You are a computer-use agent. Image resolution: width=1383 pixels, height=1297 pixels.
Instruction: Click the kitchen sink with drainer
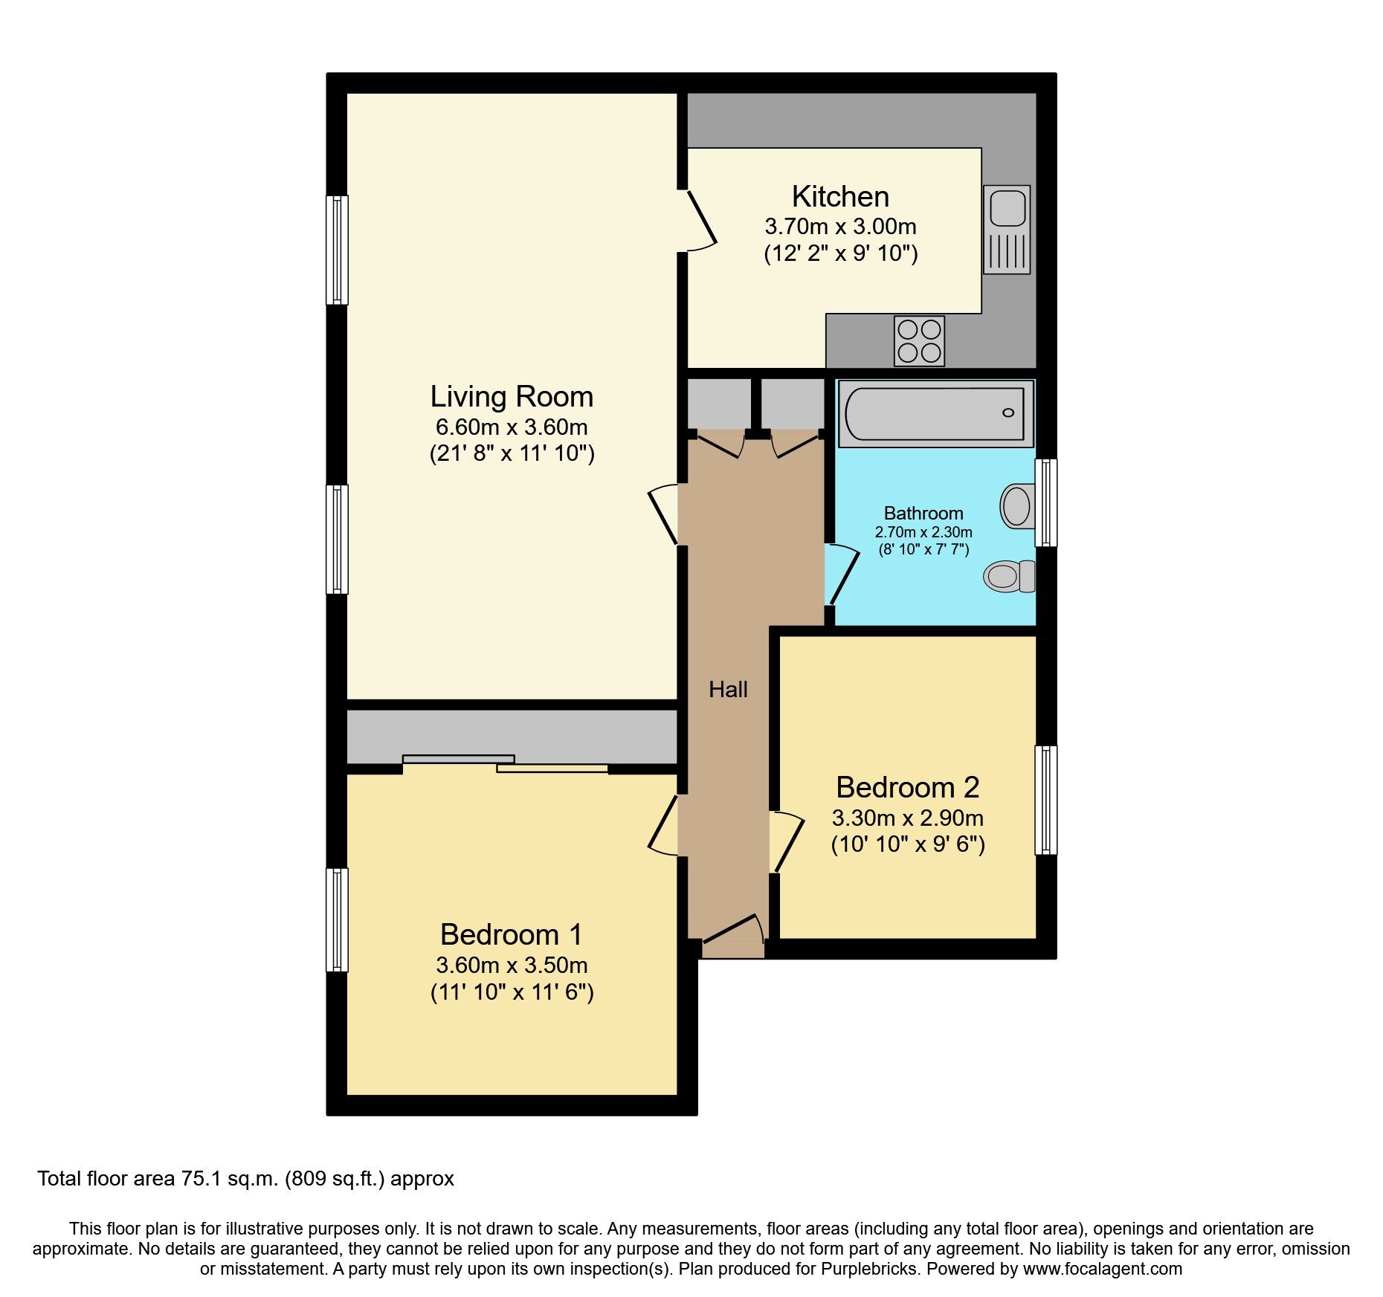(x=1007, y=229)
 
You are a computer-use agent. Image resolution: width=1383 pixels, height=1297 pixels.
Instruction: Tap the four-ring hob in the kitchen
(x=919, y=341)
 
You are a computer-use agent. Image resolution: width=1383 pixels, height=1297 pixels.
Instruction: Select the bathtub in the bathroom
(x=935, y=413)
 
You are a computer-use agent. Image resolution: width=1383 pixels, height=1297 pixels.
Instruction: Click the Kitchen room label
(x=840, y=197)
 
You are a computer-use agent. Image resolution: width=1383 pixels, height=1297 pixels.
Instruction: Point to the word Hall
(x=728, y=690)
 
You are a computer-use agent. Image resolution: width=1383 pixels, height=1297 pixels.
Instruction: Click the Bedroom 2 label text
(x=907, y=787)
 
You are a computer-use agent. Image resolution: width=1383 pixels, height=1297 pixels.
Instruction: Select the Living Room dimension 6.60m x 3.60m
(x=512, y=427)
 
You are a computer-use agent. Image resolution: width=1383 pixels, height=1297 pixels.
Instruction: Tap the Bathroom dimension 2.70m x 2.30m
(x=923, y=532)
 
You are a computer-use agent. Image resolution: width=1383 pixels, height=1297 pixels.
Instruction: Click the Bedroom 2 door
(x=787, y=843)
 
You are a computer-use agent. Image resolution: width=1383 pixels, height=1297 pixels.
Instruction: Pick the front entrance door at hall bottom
(x=733, y=935)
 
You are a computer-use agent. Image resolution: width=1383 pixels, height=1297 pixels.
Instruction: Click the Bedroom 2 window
(x=1045, y=800)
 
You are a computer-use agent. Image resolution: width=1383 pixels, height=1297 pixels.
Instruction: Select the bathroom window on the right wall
(x=1045, y=502)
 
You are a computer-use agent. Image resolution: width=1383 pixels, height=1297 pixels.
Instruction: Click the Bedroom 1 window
(x=338, y=919)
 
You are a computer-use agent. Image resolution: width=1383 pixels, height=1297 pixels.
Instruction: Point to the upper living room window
(x=338, y=250)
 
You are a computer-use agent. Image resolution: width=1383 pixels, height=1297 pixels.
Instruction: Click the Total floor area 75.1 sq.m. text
(x=245, y=1179)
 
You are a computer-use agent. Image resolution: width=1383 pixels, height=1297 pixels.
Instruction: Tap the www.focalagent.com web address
(x=1102, y=1269)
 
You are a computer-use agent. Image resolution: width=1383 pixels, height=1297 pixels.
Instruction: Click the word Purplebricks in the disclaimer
(x=868, y=1269)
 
